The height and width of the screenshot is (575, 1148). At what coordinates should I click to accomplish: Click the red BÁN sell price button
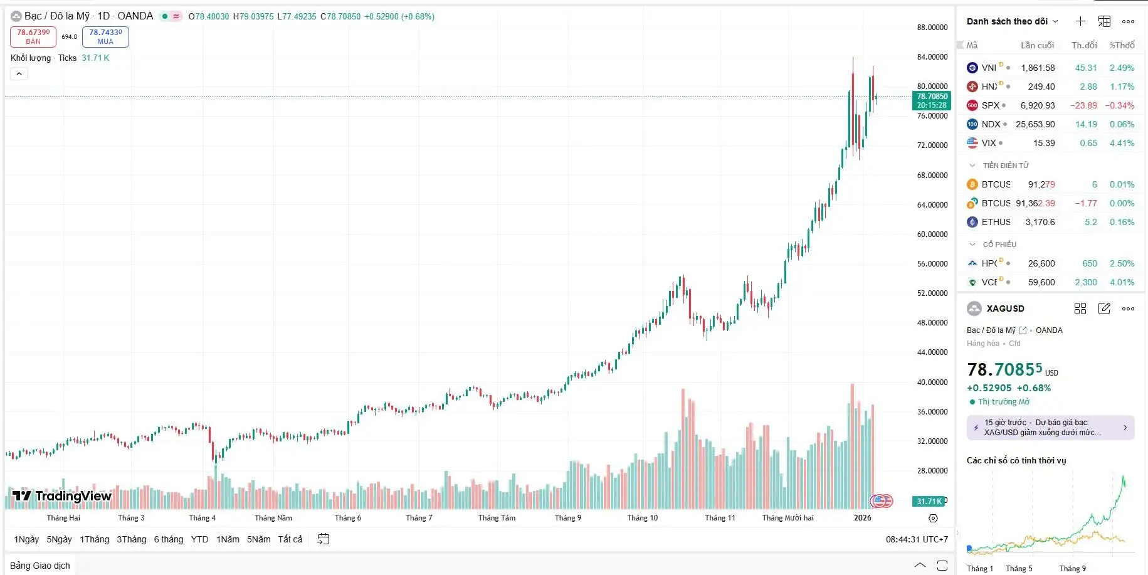[x=33, y=37]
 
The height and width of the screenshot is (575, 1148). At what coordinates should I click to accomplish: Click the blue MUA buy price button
[x=105, y=37]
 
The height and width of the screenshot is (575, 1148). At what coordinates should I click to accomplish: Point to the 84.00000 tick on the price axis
[x=932, y=57]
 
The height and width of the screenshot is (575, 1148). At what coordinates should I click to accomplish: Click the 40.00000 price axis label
[x=932, y=382]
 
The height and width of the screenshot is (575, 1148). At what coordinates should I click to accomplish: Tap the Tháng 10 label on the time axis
[x=642, y=518]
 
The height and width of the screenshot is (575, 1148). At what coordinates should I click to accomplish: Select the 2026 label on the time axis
[x=862, y=518]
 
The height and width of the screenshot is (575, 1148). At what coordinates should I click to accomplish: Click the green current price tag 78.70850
[x=932, y=100]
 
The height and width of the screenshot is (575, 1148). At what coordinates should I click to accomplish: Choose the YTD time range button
[x=199, y=539]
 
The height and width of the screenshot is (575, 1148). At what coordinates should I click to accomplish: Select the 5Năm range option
[x=258, y=539]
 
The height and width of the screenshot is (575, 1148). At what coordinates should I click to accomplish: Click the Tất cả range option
[x=290, y=539]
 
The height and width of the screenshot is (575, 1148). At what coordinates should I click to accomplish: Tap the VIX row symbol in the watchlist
[x=989, y=143]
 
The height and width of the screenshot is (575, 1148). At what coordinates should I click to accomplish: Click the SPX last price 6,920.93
[x=1037, y=105]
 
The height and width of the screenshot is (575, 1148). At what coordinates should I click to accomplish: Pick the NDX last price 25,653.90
[x=1035, y=124]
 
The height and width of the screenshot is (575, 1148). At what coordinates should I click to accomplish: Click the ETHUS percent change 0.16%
[x=1122, y=222]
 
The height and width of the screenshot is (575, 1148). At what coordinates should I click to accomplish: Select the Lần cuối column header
[x=1037, y=45]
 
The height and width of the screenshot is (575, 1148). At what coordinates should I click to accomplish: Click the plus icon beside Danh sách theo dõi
[x=1080, y=21]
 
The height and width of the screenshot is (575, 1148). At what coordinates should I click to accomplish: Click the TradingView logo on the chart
[x=62, y=496]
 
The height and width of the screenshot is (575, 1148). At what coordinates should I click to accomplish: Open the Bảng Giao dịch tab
[x=40, y=566]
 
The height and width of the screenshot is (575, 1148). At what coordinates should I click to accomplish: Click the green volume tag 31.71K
[x=929, y=501]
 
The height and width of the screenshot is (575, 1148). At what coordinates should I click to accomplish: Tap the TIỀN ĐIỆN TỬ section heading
[x=1005, y=166]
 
